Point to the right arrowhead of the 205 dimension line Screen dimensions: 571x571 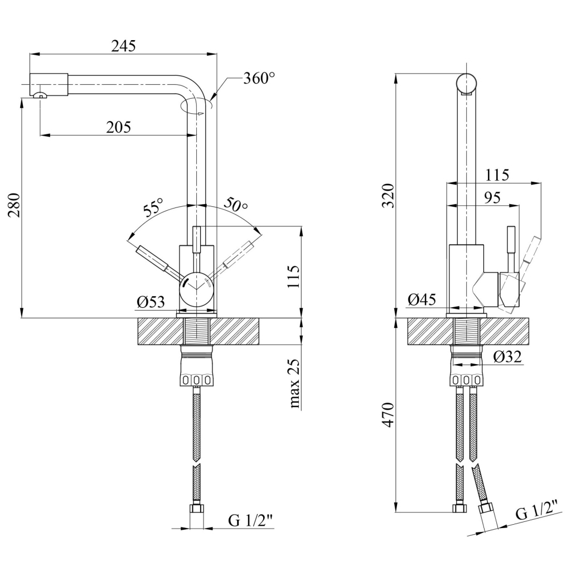(192, 136)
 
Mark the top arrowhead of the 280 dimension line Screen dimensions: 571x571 (22, 103)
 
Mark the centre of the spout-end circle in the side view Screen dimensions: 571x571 (467, 83)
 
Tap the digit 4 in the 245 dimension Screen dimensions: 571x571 (124, 46)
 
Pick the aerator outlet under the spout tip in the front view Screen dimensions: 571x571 (40, 95)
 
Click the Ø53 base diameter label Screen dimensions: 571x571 (151, 302)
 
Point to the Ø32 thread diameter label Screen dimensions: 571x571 (507, 357)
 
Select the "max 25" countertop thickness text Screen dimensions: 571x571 (294, 384)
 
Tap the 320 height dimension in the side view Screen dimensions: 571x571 (388, 196)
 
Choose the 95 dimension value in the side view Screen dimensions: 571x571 (492, 198)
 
